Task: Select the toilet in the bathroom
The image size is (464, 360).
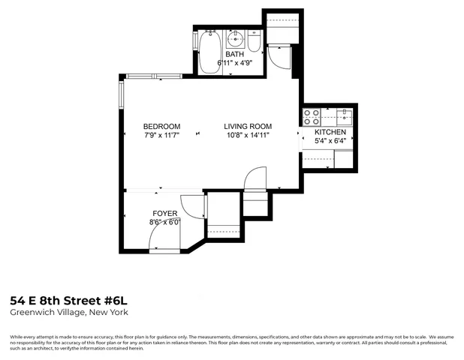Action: (255, 43)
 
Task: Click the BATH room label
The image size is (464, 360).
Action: (236, 55)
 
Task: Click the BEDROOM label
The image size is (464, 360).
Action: (162, 126)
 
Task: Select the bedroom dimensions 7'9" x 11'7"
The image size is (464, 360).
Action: (162, 135)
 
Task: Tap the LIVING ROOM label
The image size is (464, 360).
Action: (247, 126)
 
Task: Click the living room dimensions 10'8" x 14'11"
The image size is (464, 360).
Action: (247, 135)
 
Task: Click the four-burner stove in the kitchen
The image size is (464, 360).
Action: (311, 117)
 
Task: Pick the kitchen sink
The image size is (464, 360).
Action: (345, 116)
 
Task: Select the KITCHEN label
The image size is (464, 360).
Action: (330, 132)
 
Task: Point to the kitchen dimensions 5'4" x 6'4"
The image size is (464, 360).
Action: (330, 141)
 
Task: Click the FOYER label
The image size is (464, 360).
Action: (165, 214)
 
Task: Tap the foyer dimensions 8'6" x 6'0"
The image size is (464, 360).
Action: (165, 223)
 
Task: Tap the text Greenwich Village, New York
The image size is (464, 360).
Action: (68, 311)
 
